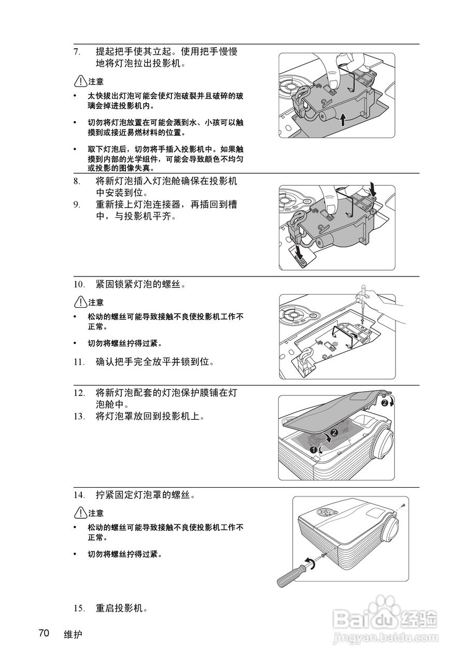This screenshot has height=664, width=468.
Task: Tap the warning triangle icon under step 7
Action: (80, 81)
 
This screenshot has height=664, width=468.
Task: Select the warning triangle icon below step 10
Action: (80, 302)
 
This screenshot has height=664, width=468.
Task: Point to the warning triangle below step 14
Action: (80, 513)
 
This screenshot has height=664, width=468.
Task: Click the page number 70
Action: (44, 633)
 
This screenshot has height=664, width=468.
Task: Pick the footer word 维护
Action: (73, 634)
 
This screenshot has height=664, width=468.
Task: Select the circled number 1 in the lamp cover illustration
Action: (314, 450)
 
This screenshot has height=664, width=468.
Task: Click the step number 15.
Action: (78, 608)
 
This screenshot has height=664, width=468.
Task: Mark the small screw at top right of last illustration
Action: (402, 505)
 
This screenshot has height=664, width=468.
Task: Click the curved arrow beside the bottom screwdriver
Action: (310, 563)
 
